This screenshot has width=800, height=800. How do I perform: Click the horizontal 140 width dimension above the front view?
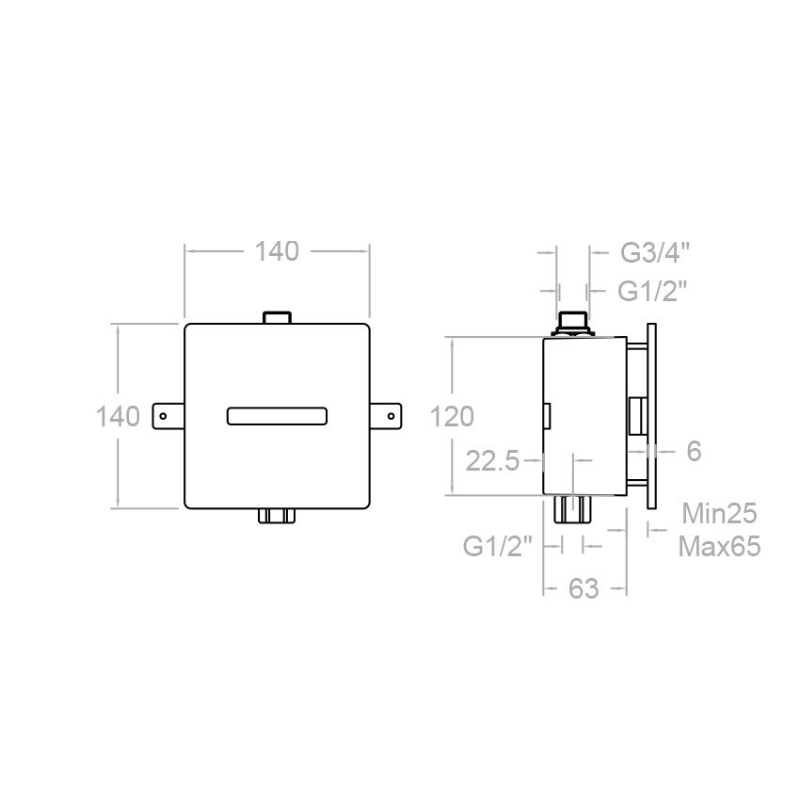(277, 251)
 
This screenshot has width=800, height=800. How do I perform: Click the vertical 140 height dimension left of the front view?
(118, 415)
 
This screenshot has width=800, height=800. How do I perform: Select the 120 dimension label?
(453, 416)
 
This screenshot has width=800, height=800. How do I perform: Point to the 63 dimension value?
(584, 589)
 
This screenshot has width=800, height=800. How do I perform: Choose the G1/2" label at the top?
(652, 292)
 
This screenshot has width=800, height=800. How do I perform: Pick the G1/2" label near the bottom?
(499, 545)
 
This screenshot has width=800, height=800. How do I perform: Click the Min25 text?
(720, 514)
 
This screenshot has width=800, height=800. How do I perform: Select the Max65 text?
(720, 547)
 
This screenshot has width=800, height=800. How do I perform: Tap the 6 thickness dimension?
(694, 452)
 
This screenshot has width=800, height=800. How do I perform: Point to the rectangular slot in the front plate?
(277, 416)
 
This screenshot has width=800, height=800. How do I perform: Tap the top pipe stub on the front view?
(277, 317)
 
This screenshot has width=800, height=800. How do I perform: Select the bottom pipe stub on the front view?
(277, 516)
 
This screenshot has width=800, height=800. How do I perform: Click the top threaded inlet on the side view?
(572, 324)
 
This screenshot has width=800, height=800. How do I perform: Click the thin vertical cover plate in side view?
(650, 415)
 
